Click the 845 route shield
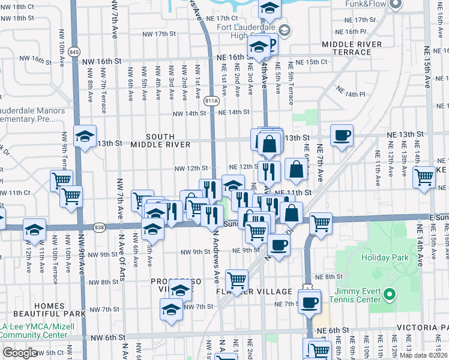[74, 52]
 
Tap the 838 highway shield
[99, 227]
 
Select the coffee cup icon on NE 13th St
[342, 135]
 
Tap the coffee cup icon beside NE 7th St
[309, 302]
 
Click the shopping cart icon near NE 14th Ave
[424, 177]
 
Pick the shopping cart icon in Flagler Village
[237, 279]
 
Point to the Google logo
[20, 353]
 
